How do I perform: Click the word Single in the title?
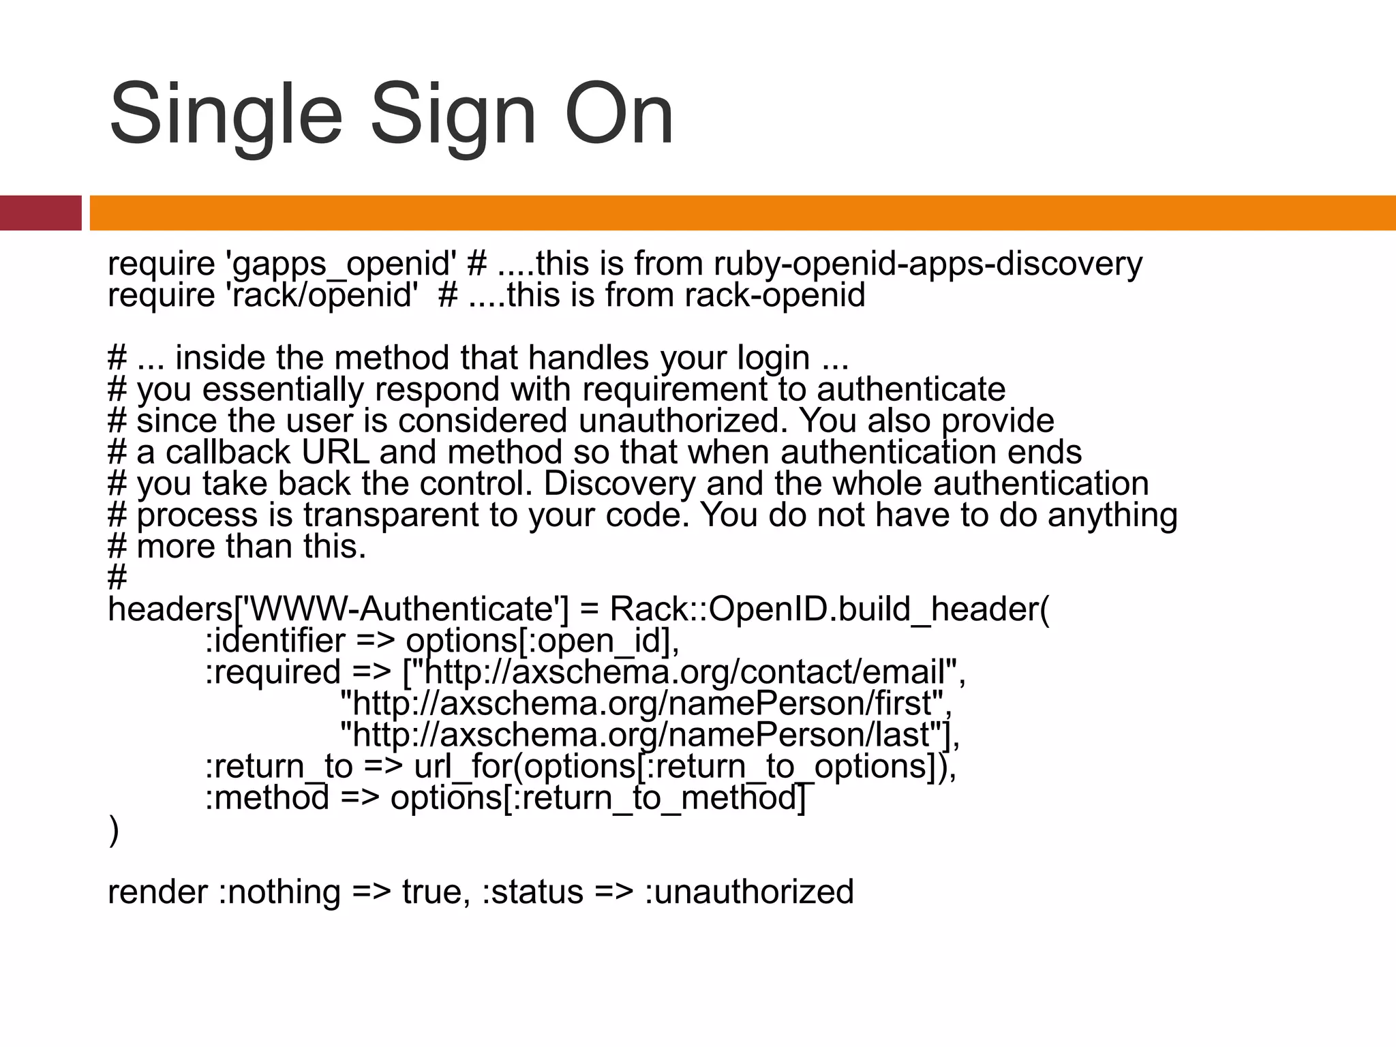[225, 116]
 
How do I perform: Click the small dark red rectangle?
[40, 213]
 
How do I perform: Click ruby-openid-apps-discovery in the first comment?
[928, 264]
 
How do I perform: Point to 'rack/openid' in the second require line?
[321, 296]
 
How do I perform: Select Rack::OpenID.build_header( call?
[830, 609]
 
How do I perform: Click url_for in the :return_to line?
[463, 766]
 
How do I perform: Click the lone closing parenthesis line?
[113, 830]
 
